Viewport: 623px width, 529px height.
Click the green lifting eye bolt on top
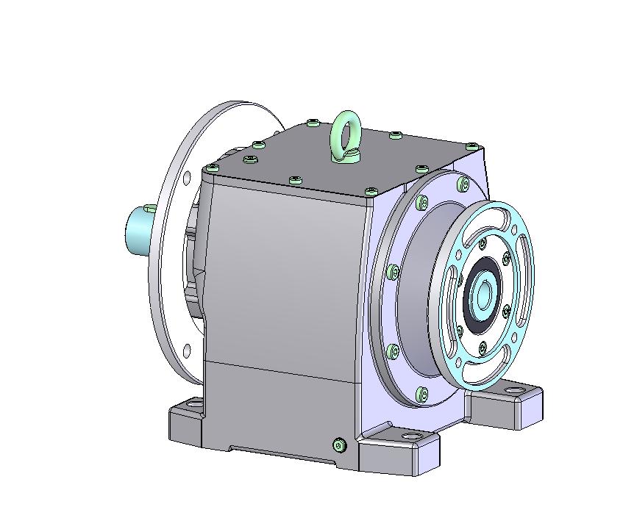click(x=344, y=133)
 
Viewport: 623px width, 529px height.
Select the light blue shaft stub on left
click(x=138, y=229)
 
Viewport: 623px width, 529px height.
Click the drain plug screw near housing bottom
click(x=339, y=445)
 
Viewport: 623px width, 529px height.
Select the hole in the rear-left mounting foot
click(x=194, y=403)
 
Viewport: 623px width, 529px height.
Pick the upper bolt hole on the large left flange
click(x=187, y=177)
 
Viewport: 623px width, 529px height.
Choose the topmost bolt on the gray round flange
click(x=463, y=183)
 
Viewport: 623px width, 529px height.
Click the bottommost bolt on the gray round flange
click(x=421, y=394)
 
